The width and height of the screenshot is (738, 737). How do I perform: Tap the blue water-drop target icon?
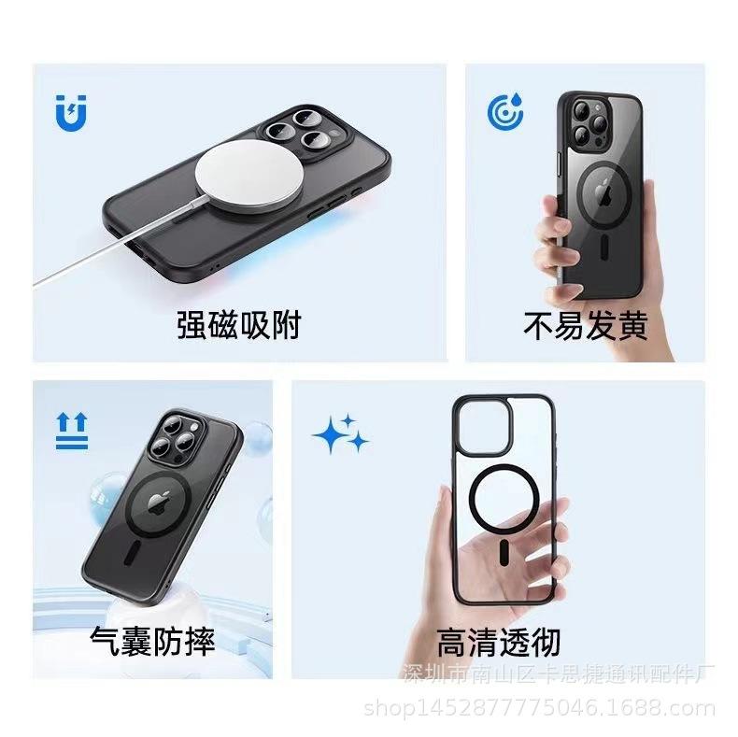pyautogui.click(x=505, y=111)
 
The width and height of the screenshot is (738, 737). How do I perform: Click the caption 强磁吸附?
pyautogui.click(x=239, y=325)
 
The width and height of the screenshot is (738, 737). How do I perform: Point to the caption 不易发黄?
pyautogui.click(x=585, y=326)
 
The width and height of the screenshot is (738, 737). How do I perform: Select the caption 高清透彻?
pyautogui.click(x=498, y=642)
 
